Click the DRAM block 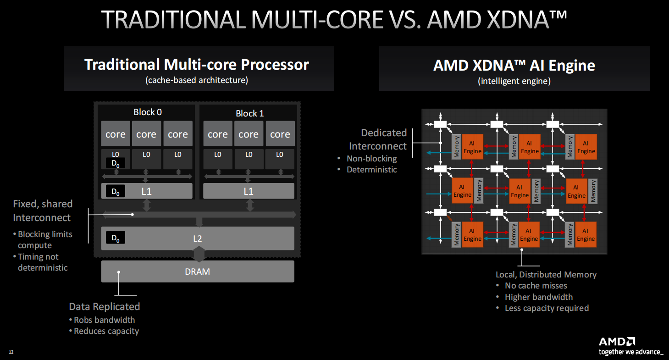click(197, 271)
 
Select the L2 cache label click(197, 238)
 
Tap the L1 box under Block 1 click(249, 191)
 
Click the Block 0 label click(147, 112)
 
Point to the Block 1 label click(249, 113)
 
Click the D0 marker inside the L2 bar click(116, 238)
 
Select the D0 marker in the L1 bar click(116, 191)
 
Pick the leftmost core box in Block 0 click(116, 134)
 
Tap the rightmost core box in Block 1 click(280, 134)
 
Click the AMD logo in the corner click(617, 342)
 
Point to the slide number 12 click(11, 352)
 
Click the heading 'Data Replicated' click(105, 306)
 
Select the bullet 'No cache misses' click(536, 286)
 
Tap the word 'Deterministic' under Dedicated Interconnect click(371, 170)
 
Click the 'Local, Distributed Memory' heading click(546, 275)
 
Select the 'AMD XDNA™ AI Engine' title click(514, 65)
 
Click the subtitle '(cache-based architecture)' click(197, 80)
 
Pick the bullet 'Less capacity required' click(547, 308)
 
